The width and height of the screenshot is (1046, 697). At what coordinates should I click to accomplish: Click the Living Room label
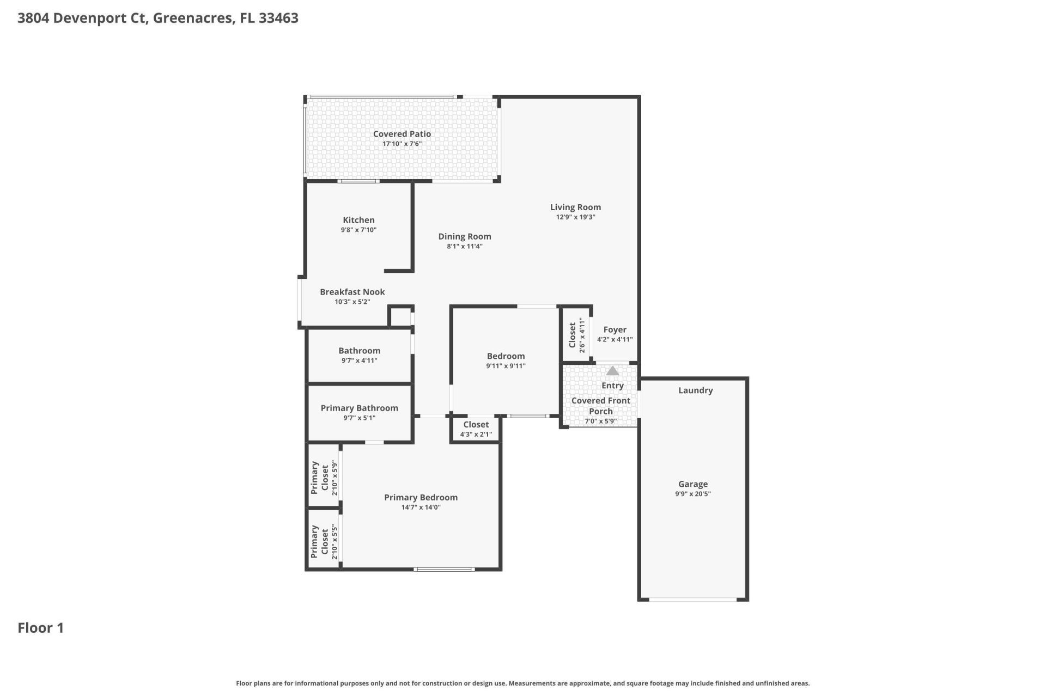pos(575,207)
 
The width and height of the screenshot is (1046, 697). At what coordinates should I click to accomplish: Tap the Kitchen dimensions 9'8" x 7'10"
pos(358,230)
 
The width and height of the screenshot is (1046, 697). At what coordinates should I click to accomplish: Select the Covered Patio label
pos(402,134)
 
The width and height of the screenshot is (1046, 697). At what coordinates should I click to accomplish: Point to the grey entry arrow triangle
pos(612,371)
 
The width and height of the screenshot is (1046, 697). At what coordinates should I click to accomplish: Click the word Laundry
pos(695,390)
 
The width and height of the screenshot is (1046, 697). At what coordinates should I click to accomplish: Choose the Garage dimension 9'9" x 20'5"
pos(692,494)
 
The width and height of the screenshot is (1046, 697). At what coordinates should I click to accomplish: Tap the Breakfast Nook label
pos(352,292)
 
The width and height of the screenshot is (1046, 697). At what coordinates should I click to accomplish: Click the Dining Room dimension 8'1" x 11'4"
pos(464,246)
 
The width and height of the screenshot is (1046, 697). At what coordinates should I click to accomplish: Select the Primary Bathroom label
pos(359,408)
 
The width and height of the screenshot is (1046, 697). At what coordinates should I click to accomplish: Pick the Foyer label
pos(615,329)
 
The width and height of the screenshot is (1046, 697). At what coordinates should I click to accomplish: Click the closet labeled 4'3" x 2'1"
pos(476,429)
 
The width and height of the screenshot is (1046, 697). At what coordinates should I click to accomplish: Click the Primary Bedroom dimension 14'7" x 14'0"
pos(421,507)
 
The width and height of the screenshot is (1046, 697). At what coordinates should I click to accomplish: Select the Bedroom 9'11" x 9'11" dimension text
pos(506,366)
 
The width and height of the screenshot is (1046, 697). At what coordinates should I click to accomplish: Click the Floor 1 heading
pos(41,628)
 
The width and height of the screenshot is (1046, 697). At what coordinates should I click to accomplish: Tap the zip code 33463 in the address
pos(278,18)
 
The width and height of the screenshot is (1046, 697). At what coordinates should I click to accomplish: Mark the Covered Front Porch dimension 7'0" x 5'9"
pos(600,421)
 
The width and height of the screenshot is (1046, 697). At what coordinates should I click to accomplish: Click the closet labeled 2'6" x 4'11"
pos(576,335)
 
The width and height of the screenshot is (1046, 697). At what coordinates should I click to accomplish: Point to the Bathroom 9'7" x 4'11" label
pos(359,355)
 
